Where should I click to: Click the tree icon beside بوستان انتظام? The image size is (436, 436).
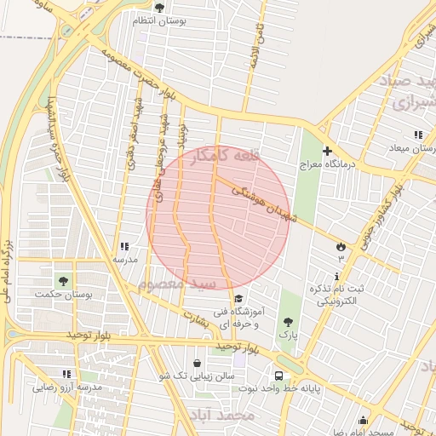pos(159,8)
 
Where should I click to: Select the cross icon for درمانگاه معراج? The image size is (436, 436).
pos(326,151)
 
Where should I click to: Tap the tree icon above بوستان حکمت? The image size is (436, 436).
pos(62,280)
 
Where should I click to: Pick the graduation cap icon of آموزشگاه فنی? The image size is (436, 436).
pos(238,299)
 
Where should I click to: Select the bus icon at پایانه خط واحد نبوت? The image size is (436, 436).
pos(278,376)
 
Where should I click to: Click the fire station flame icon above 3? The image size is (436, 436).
pos(341,244)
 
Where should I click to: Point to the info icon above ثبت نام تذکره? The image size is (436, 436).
pos(339,276)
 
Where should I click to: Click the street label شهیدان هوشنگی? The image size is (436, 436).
pos(264,204)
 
